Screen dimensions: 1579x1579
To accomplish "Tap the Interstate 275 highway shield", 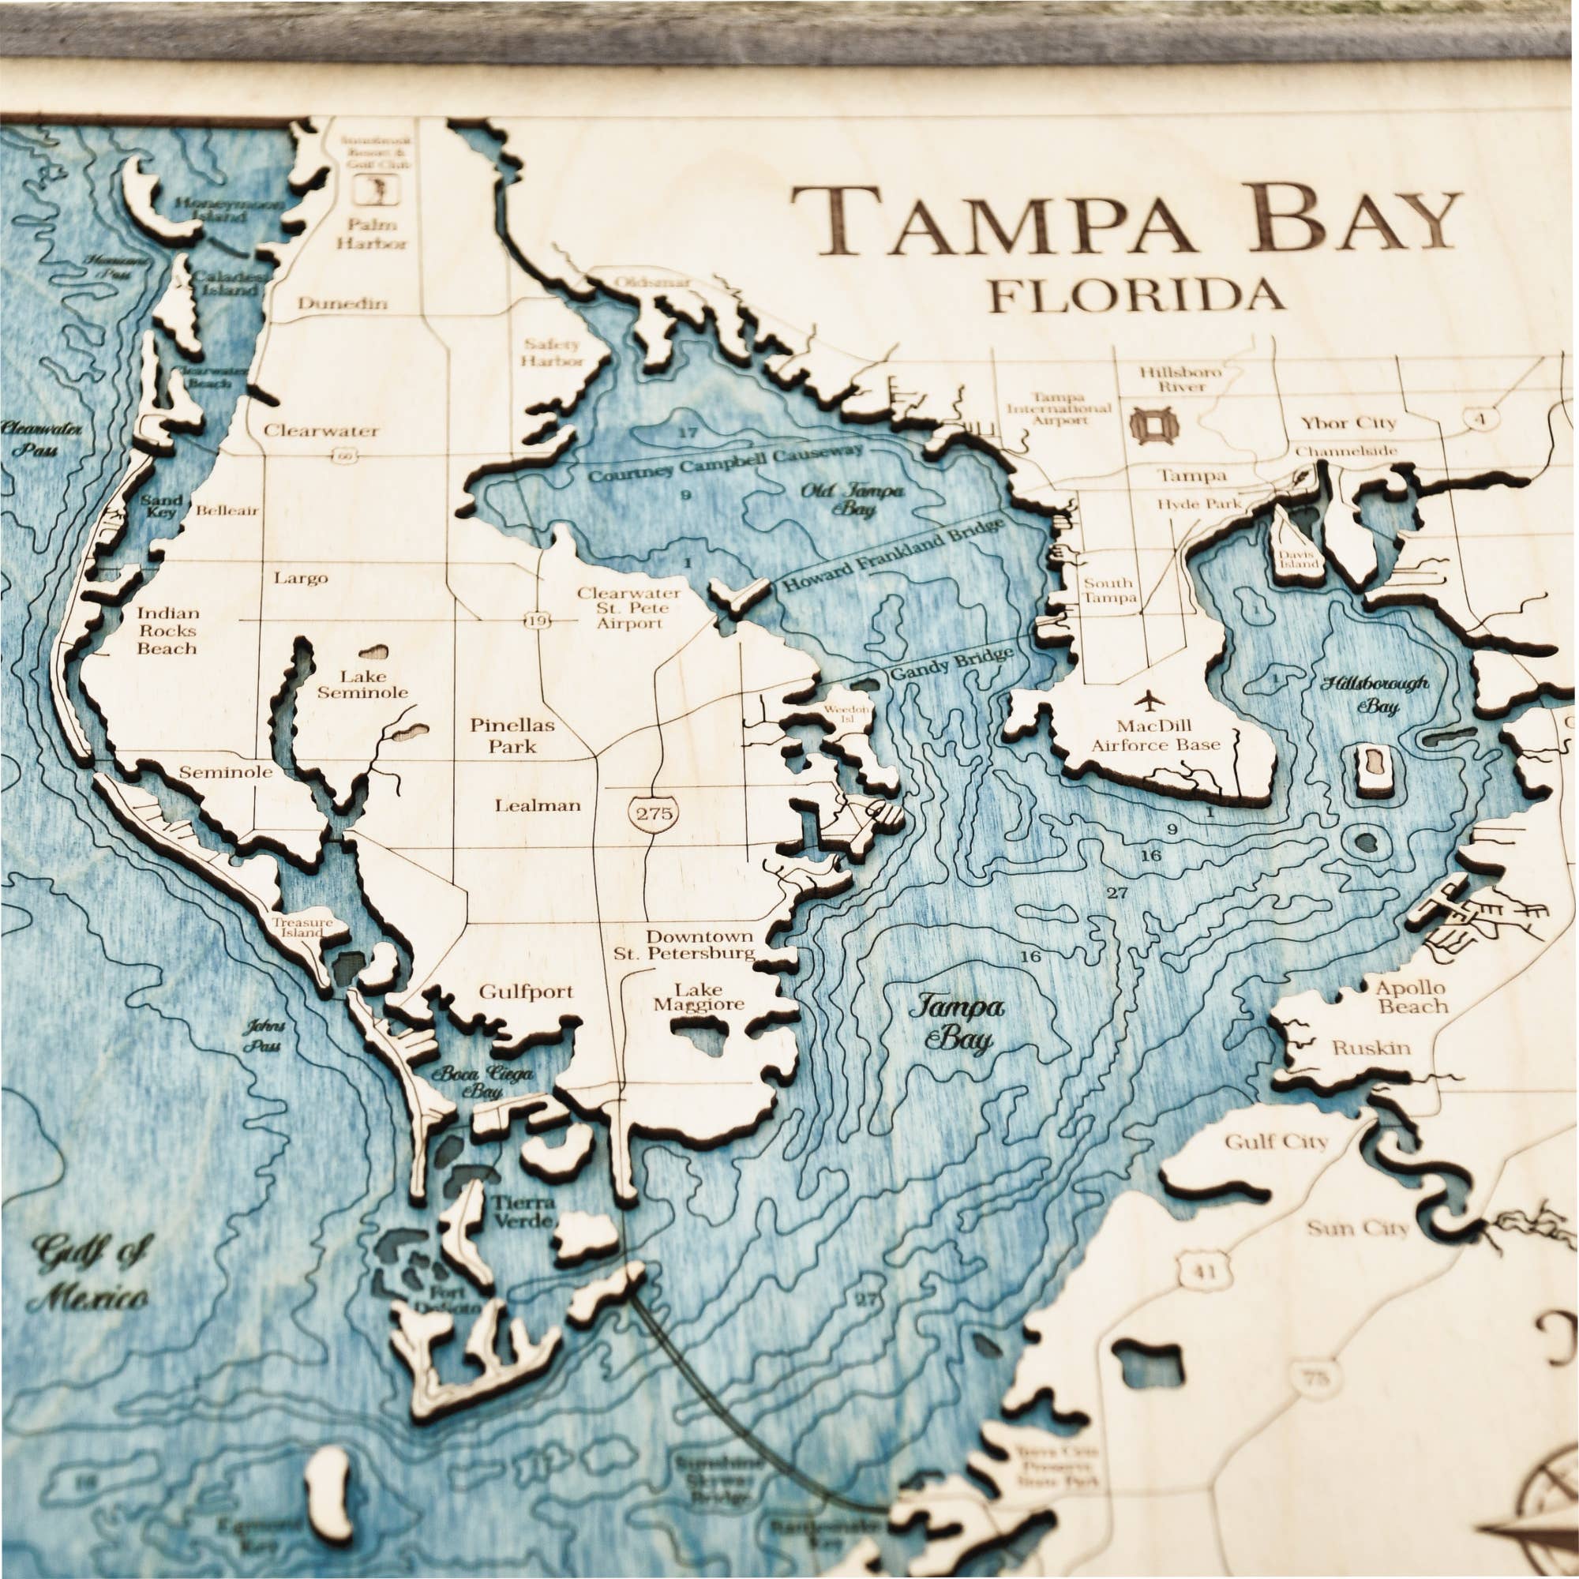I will [x=654, y=812].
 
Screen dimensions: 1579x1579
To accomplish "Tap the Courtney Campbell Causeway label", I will [x=725, y=463].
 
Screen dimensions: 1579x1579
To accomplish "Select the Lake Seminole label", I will [x=363, y=684].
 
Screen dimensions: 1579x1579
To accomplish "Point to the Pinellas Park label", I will [x=512, y=735].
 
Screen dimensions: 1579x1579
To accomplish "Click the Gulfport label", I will [x=527, y=992].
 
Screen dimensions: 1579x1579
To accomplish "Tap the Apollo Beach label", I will [x=1410, y=996].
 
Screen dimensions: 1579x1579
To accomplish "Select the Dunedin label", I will [x=342, y=303].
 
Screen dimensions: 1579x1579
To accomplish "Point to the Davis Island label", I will [x=1299, y=559].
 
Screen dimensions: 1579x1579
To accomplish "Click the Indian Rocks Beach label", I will [x=167, y=630].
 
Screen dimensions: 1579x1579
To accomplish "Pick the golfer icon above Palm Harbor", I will [x=377, y=191].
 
